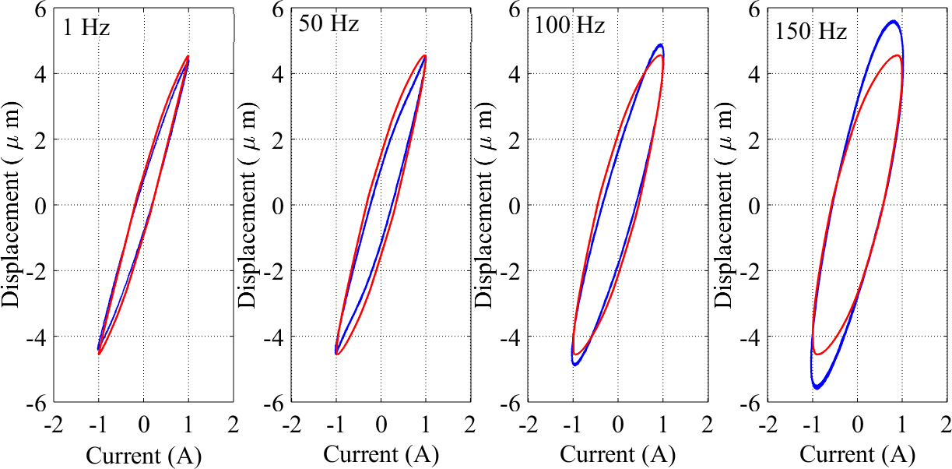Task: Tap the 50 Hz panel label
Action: pos(329,24)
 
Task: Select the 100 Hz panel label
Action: pos(570,25)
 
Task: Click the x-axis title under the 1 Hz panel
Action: pos(144,455)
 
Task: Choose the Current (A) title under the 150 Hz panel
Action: pos(857,455)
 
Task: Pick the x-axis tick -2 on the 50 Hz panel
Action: pos(291,425)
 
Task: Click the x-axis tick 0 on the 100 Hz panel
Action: pos(617,425)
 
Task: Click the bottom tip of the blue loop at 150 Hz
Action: pos(817,387)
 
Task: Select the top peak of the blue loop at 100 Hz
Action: pos(660,44)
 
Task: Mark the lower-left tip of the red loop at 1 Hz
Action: pos(100,354)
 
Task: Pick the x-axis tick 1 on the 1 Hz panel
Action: pos(188,425)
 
